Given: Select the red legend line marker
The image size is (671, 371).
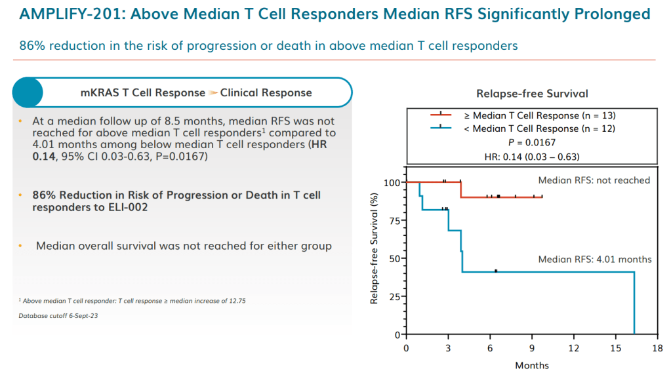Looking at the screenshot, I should [442, 115].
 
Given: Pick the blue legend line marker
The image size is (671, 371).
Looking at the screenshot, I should [442, 128].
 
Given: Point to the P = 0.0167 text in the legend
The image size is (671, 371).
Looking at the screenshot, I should [532, 142].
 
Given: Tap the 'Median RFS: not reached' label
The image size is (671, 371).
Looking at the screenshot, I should [594, 180].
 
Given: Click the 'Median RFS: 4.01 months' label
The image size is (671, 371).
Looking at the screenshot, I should [595, 259].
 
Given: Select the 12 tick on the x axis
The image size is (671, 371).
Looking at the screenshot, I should [573, 347].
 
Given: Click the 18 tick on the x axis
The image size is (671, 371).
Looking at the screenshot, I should [657, 347].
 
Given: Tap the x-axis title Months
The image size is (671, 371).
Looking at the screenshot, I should [531, 364].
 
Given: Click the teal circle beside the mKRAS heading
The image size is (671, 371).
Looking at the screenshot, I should [28, 92].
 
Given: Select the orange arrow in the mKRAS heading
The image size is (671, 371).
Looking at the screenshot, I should [213, 93].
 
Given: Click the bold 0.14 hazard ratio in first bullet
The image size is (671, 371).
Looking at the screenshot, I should [45, 157].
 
